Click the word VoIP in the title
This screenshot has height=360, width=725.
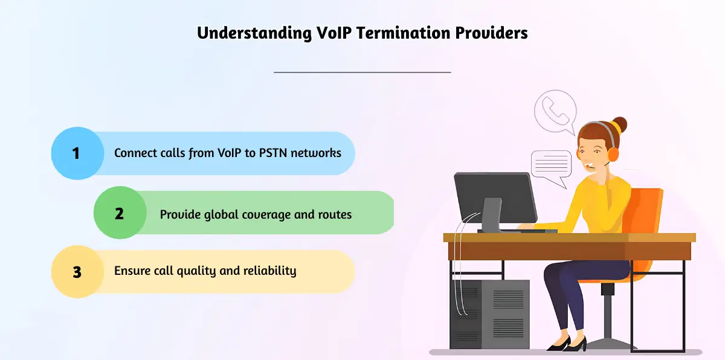coord(333,33)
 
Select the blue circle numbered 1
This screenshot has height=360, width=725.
coord(77,153)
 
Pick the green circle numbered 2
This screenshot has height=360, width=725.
coord(120,213)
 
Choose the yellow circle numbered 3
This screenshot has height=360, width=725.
coord(77,271)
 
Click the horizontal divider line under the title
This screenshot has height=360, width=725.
coord(362,72)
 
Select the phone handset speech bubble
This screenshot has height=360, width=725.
coord(555,112)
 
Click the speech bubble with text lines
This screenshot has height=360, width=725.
coord(551,167)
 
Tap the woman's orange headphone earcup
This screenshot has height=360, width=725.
coord(613,155)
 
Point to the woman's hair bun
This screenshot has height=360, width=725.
coord(620,126)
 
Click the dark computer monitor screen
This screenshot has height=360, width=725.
coord(495,198)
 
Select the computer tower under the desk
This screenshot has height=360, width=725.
coord(490,313)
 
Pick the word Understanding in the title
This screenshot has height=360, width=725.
coord(254,33)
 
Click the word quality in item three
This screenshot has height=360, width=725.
coord(196,271)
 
